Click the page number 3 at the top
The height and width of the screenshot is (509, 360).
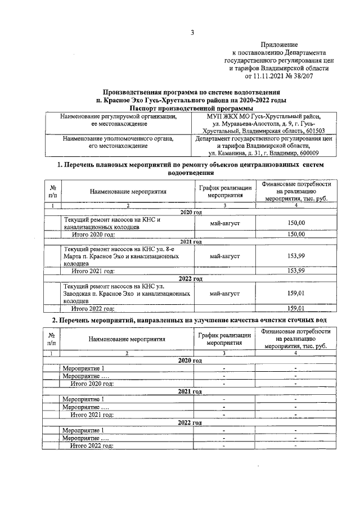pos(191,32)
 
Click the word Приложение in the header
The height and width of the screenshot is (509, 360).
pos(280,44)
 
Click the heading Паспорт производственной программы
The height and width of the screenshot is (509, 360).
pos(191,108)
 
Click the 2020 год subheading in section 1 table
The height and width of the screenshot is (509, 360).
pos(191,212)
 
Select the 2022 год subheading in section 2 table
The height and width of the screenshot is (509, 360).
pos(190,422)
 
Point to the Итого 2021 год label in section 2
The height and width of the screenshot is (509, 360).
pos(92,415)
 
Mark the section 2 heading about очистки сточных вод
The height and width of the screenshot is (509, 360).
pos(191,320)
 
